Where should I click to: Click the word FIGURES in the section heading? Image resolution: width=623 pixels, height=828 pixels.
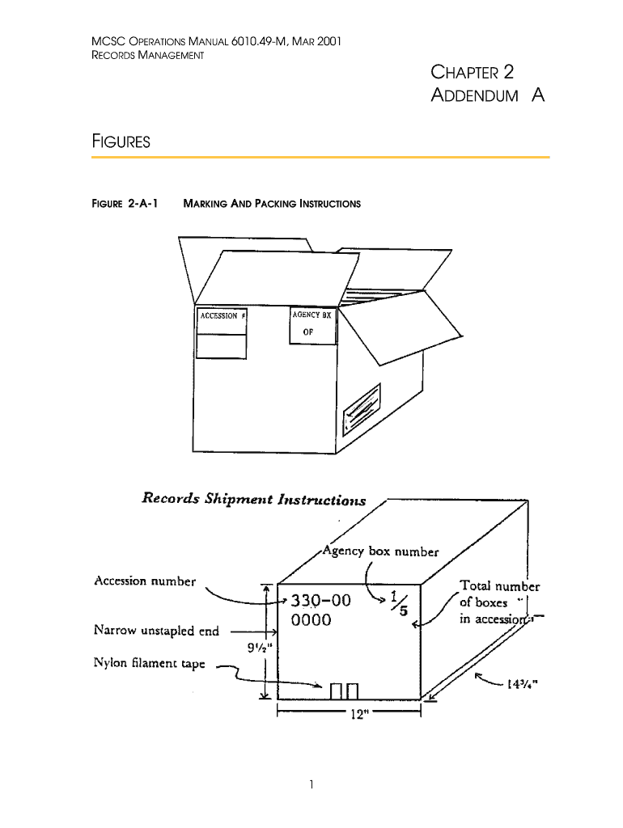coord(121,142)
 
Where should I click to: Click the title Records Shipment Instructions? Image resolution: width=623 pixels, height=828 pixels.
coord(253,499)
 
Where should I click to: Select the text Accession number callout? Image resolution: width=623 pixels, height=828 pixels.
coord(145,581)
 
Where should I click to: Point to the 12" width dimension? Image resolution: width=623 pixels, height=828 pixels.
coord(348,716)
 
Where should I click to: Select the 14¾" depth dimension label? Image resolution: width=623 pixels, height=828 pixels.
coord(523,683)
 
